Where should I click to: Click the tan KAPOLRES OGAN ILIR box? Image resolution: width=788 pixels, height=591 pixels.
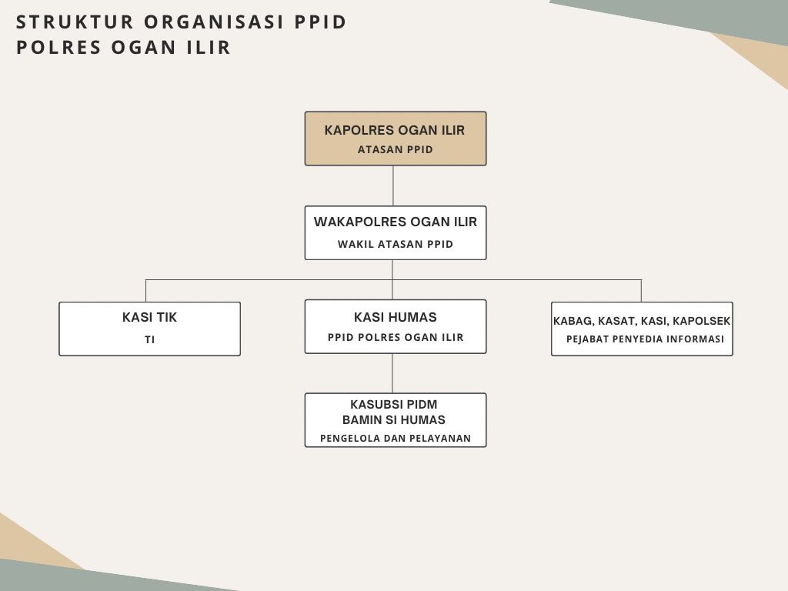point(396,139)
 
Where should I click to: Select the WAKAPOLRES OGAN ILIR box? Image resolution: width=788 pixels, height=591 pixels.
point(396,232)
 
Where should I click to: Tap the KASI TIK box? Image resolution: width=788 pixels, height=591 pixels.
point(150,329)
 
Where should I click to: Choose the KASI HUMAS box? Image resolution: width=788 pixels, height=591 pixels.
point(396,326)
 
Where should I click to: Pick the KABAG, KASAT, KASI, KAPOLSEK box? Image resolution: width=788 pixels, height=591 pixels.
point(643,329)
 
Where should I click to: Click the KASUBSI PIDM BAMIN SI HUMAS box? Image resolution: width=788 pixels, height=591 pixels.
point(396,420)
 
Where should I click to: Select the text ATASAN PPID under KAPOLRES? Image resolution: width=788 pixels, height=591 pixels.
point(396,150)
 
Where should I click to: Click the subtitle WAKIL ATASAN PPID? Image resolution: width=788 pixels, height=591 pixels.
point(396,244)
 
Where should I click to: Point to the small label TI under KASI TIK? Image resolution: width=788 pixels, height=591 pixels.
point(150,339)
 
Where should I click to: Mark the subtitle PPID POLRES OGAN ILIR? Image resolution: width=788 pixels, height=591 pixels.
point(396,337)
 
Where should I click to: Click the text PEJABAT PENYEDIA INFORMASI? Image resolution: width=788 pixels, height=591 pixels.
point(646,339)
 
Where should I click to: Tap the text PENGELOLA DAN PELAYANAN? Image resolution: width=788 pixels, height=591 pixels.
point(396,438)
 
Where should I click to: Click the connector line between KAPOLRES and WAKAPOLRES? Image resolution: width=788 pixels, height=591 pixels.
point(393,185)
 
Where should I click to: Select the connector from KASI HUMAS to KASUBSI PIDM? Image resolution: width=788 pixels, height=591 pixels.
point(392,373)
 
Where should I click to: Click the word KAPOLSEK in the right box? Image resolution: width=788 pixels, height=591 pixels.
point(702,321)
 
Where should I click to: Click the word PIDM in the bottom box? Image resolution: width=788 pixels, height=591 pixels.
point(422,405)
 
